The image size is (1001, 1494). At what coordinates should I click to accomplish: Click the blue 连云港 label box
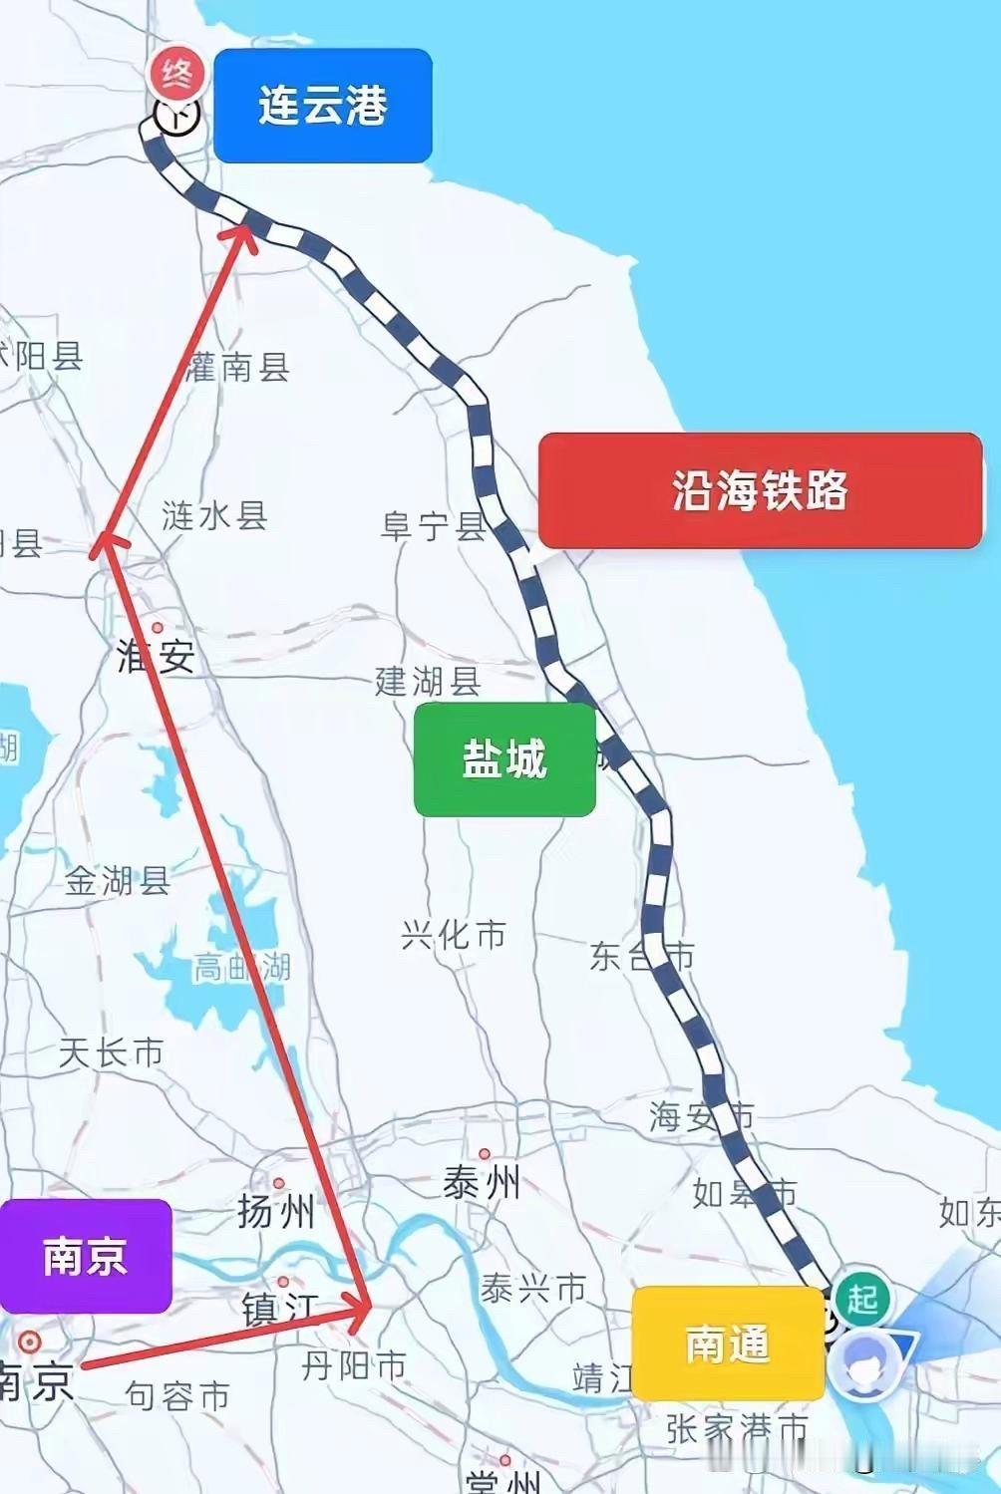pyautogui.click(x=322, y=106)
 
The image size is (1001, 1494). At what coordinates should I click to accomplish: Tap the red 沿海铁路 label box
pyautogui.click(x=760, y=490)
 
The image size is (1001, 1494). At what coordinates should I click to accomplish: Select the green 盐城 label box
pyautogui.click(x=504, y=759)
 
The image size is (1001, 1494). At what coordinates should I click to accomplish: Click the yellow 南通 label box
pyautogui.click(x=728, y=1344)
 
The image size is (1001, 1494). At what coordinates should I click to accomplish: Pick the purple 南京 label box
pyautogui.click(x=85, y=1256)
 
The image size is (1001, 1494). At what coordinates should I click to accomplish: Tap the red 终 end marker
pyautogui.click(x=176, y=73)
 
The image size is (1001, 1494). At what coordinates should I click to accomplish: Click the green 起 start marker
pyautogui.click(x=861, y=1298)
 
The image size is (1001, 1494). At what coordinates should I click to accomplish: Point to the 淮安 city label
pyautogui.click(x=156, y=656)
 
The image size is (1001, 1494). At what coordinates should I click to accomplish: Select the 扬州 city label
pyautogui.click(x=276, y=1211)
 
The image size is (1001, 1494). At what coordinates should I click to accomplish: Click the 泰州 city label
pyautogui.click(x=482, y=1183)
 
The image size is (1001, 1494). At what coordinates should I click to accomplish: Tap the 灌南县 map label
pyautogui.click(x=238, y=367)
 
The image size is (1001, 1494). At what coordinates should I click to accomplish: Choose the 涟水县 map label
pyautogui.click(x=214, y=515)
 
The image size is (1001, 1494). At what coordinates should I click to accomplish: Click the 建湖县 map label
pyautogui.click(x=428, y=682)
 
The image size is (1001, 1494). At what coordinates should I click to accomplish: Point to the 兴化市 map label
pyautogui.click(x=454, y=935)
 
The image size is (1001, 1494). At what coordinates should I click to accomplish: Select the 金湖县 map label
pyautogui.click(x=118, y=881)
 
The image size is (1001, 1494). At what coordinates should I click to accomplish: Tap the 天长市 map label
pyautogui.click(x=111, y=1052)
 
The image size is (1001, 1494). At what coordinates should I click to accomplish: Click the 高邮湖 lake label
pyautogui.click(x=241, y=966)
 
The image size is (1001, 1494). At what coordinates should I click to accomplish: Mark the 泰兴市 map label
pyautogui.click(x=532, y=1289)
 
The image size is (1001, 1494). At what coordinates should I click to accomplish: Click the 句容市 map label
pyautogui.click(x=178, y=1396)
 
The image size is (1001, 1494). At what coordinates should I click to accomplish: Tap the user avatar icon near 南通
pyautogui.click(x=862, y=1362)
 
